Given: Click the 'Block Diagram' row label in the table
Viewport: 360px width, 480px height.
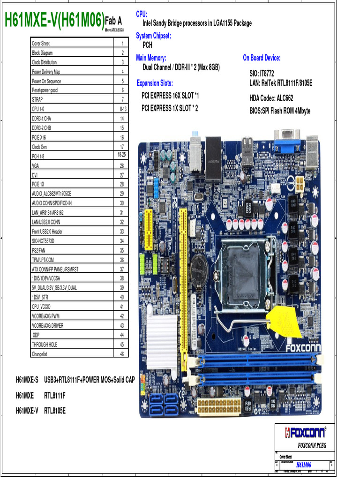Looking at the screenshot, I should point(42,53).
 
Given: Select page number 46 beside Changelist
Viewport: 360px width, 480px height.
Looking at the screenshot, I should point(122,353).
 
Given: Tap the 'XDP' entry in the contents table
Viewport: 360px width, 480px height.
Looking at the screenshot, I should point(36,335).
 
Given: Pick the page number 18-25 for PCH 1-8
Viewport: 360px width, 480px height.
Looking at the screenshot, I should point(122,155).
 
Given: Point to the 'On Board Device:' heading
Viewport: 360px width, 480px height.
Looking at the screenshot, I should point(262,58).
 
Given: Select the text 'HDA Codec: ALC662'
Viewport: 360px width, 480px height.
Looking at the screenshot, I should point(271,98).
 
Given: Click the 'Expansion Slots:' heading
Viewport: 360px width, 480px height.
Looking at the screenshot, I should point(155,83).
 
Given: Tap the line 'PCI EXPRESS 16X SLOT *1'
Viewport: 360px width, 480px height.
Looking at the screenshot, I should point(170,96).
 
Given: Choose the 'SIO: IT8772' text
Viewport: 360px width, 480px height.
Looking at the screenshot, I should point(262,74).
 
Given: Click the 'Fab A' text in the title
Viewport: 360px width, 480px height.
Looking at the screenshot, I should point(113,21).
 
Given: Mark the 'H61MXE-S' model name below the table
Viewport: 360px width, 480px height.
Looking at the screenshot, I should point(27,379).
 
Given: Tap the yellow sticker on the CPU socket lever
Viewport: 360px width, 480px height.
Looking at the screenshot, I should point(284,320).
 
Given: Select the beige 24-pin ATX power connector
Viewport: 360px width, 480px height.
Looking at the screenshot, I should point(218,406).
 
